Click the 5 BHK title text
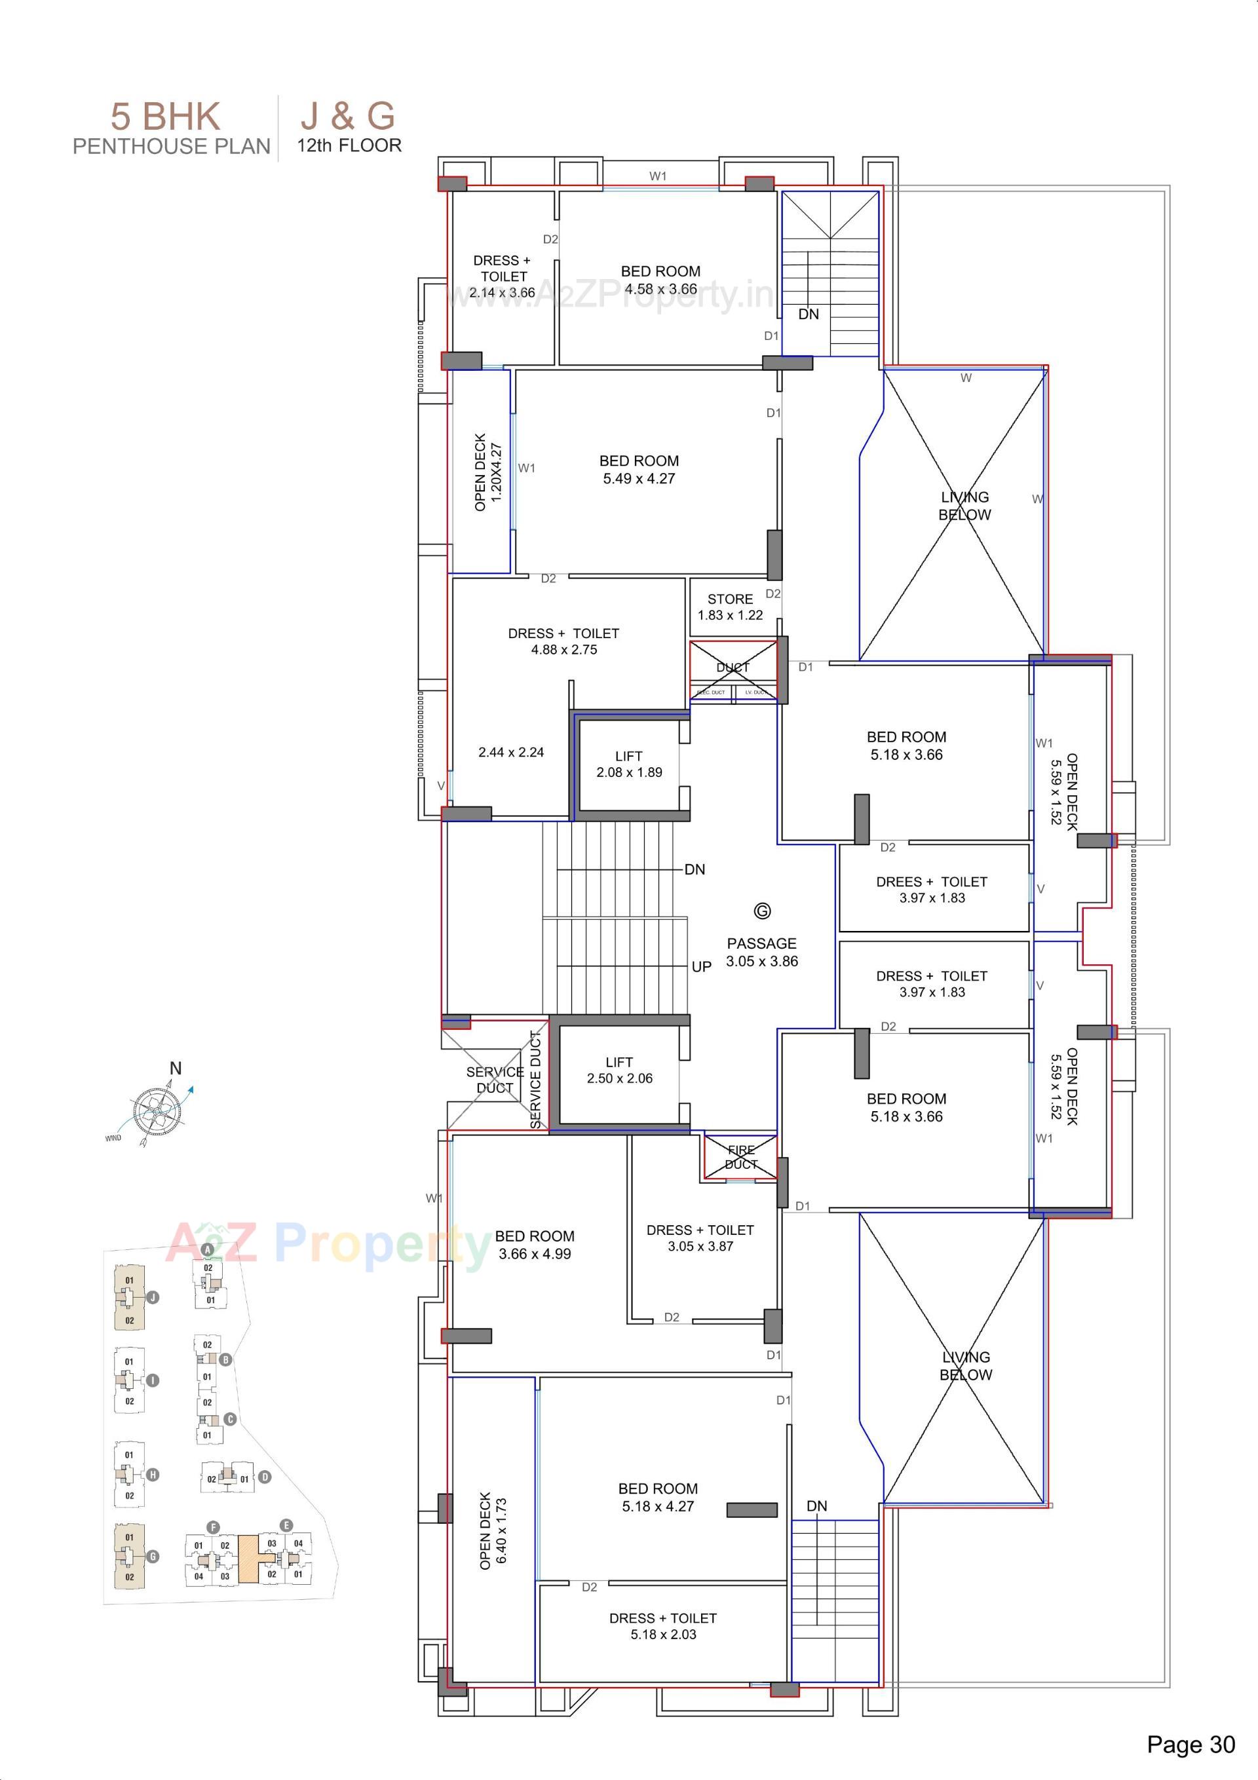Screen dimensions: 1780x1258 pyautogui.click(x=165, y=117)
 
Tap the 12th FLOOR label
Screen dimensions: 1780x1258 pyautogui.click(x=349, y=145)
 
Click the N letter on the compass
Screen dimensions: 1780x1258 pyautogui.click(x=176, y=1069)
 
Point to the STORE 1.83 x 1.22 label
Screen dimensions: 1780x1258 pyautogui.click(x=730, y=607)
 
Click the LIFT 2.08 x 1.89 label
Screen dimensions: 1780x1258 pyautogui.click(x=629, y=765)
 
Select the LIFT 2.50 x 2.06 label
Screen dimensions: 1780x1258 pyautogui.click(x=619, y=1070)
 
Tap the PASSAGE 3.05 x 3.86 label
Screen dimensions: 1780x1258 pyautogui.click(x=761, y=952)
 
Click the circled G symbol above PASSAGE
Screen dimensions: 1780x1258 pyautogui.click(x=763, y=911)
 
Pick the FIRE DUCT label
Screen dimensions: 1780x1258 pyautogui.click(x=740, y=1158)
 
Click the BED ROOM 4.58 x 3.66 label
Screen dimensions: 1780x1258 pyautogui.click(x=661, y=280)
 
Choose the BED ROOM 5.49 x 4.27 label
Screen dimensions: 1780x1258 pyautogui.click(x=639, y=469)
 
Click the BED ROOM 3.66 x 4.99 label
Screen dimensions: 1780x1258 pyautogui.click(x=535, y=1244)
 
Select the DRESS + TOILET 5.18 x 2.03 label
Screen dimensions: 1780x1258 pyautogui.click(x=663, y=1626)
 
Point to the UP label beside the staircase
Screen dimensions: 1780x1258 pyautogui.click(x=701, y=967)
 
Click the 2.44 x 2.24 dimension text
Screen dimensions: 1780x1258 pyautogui.click(x=511, y=752)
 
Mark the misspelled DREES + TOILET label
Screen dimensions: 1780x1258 pyautogui.click(x=932, y=889)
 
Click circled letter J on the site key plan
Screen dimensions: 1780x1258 pyautogui.click(x=153, y=1297)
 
